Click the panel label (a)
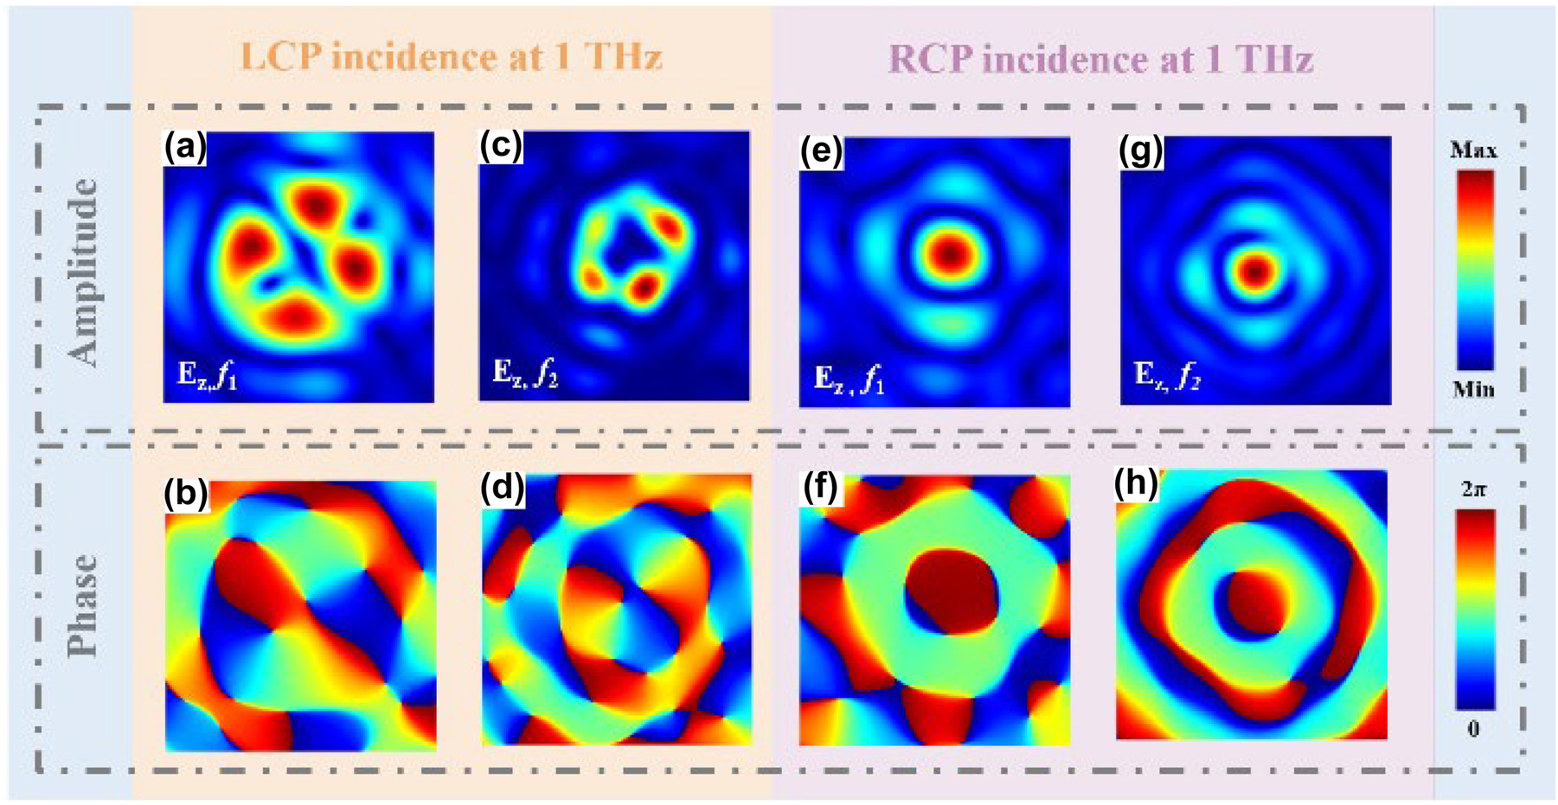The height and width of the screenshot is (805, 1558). coord(185,149)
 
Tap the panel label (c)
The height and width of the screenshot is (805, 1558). coord(501,147)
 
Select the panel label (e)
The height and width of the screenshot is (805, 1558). coord(821,152)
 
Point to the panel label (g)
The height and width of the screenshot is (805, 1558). coord(1141,151)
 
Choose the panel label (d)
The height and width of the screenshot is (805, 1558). coord(503,489)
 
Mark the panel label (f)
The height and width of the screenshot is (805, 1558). coord(820,489)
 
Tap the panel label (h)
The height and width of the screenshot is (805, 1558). coord(1136,485)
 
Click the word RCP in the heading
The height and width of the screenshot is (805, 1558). coord(931,59)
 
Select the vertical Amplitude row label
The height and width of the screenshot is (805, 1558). coord(84,272)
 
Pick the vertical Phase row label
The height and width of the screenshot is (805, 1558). coord(84,605)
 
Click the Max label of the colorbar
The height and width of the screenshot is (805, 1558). coord(1473,150)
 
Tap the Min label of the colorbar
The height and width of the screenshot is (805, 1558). coord(1473,390)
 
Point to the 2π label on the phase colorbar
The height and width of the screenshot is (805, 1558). coord(1473,489)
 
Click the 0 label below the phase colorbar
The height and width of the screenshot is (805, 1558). coord(1473,729)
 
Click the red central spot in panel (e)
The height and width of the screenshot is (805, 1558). coord(951,253)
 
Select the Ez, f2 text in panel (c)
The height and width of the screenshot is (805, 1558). coord(525,374)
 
